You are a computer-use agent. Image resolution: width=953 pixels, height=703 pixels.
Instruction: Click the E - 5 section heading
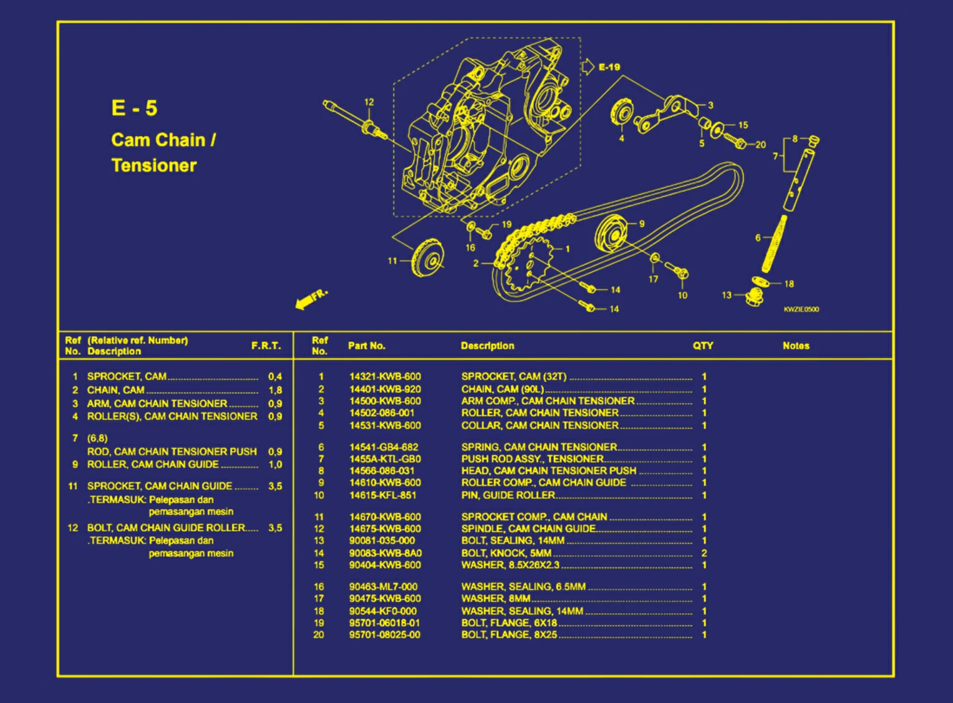tap(134, 108)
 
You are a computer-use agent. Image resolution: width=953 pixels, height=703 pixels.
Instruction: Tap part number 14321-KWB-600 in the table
tap(385, 377)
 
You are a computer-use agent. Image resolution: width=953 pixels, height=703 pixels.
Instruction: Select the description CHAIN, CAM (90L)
tap(502, 389)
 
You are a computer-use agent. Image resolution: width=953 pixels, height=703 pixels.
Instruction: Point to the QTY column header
tap(703, 346)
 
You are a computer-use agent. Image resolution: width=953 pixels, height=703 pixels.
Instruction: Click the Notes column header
tap(796, 346)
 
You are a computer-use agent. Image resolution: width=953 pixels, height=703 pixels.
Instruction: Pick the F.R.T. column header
tap(266, 346)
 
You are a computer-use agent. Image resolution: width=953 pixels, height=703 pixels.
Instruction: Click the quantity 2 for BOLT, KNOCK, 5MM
tap(704, 553)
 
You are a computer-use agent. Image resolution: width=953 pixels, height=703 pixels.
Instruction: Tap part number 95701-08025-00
tap(385, 635)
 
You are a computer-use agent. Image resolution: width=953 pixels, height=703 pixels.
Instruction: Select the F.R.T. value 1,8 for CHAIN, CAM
tap(275, 390)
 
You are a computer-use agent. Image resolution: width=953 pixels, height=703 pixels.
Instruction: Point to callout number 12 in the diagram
tap(369, 102)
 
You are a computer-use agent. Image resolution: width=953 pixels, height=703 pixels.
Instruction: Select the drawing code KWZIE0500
tap(801, 309)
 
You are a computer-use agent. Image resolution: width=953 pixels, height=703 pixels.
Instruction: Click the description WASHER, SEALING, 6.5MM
tap(523, 587)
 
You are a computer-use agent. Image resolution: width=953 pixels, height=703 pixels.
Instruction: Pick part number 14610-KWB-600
tap(385, 483)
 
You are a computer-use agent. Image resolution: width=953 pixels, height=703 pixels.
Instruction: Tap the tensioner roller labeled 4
tap(622, 114)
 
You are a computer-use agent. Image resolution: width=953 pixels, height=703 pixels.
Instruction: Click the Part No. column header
tap(367, 346)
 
